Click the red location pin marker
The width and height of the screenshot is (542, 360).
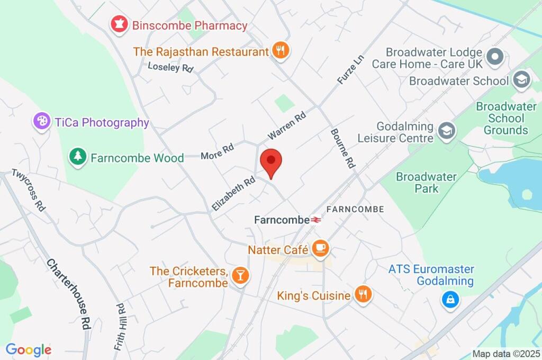[x=271, y=162]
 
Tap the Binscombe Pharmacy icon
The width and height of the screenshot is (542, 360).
[x=119, y=24]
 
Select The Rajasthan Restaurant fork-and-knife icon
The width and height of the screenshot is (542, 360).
[x=281, y=51]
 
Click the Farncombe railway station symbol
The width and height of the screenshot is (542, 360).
[x=316, y=219]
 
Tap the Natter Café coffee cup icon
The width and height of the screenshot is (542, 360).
[x=320, y=248]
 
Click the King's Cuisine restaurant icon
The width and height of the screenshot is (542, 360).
[x=363, y=295]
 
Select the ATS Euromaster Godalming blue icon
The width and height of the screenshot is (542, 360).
[x=449, y=300]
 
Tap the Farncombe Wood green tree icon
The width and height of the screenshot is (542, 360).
[x=78, y=157]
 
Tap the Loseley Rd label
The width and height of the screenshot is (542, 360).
[x=170, y=67]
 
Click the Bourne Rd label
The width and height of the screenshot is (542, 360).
[x=342, y=148]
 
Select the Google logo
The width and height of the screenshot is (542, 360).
[x=29, y=350]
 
